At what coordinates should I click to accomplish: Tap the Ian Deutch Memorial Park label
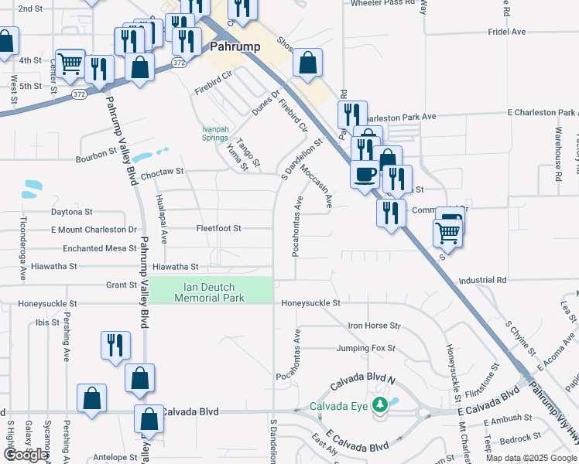[x=210, y=292]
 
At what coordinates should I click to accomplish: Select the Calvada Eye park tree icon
[x=379, y=405]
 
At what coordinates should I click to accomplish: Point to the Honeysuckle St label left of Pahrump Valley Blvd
[x=48, y=305]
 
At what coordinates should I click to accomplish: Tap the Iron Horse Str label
[x=375, y=326]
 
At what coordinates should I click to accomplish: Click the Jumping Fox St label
[x=365, y=349]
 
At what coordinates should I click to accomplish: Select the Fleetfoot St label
[x=219, y=229]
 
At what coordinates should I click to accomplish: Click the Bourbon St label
[x=96, y=160]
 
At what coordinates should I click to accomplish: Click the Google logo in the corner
[x=26, y=455]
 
